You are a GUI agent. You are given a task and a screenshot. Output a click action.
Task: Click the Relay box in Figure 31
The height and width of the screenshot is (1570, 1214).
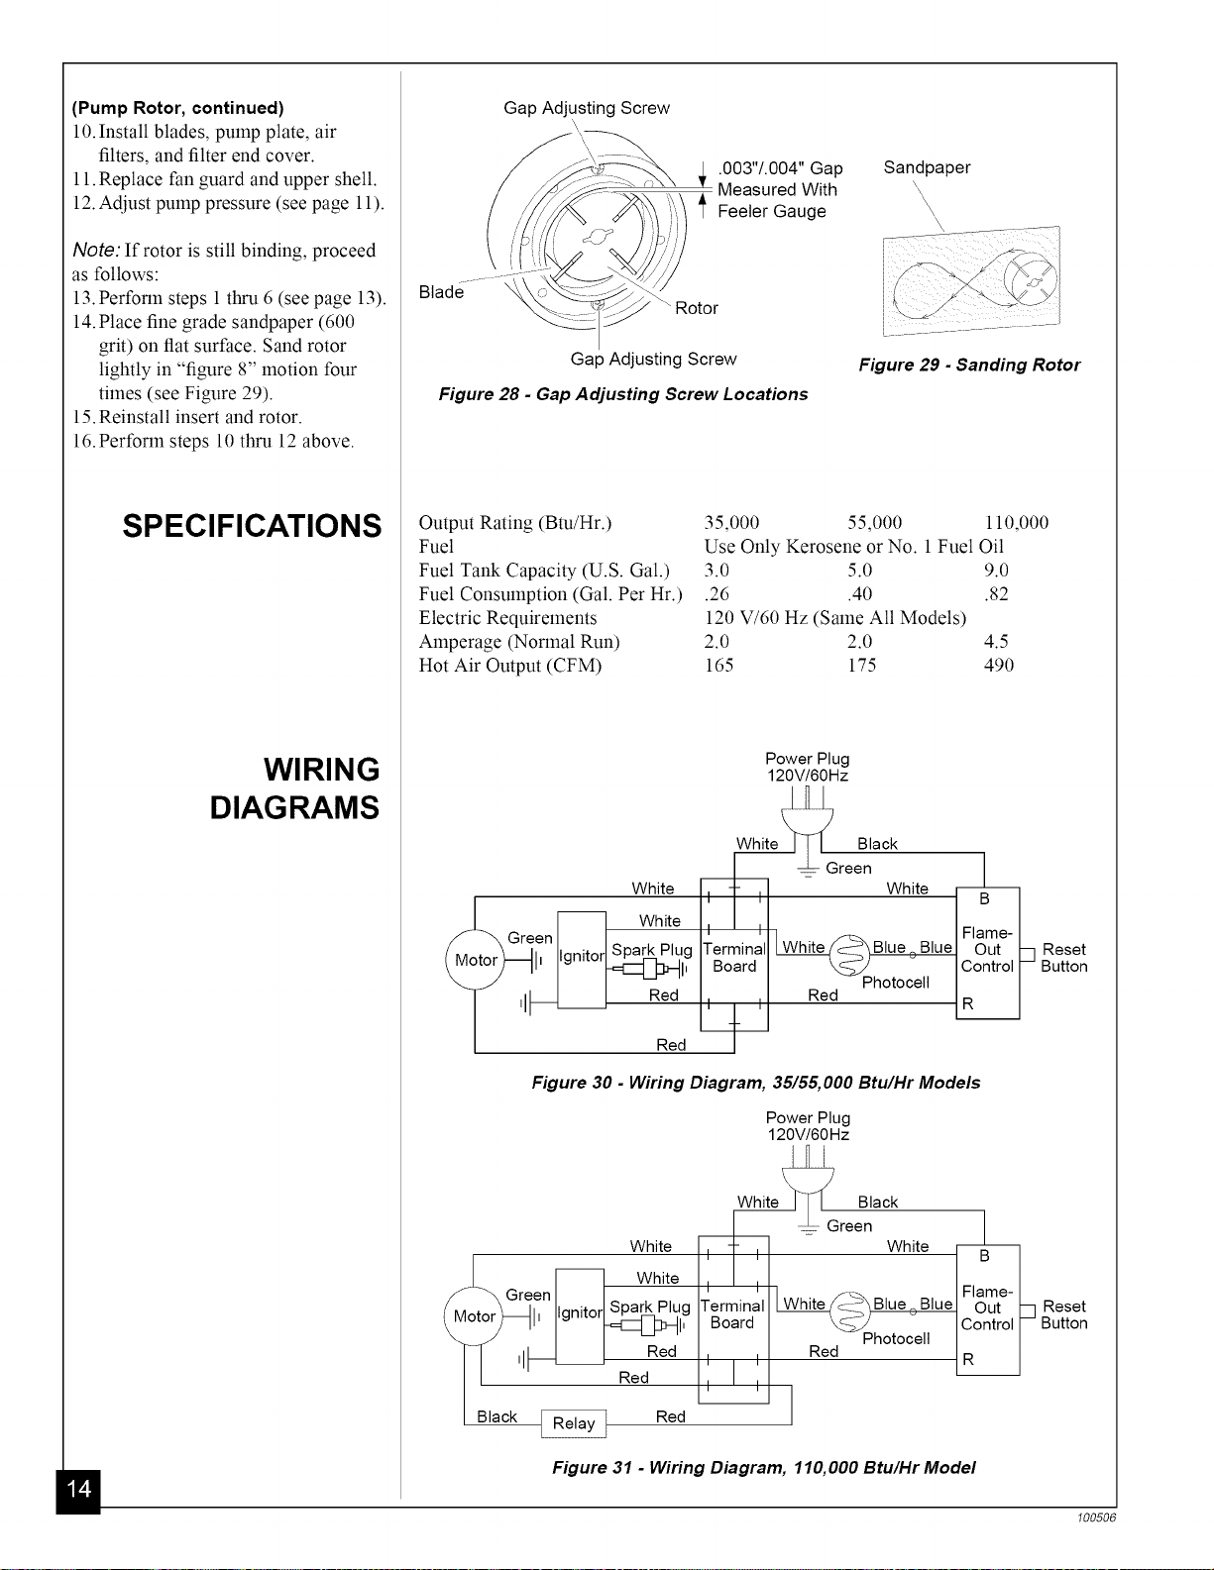click(574, 1423)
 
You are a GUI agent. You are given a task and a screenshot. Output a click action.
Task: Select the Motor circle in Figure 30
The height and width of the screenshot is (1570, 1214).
click(475, 960)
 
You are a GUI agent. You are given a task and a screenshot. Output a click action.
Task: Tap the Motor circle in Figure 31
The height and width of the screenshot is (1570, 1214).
click(474, 1316)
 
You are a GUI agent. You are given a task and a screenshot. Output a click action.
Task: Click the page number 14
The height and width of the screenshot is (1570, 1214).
click(78, 1489)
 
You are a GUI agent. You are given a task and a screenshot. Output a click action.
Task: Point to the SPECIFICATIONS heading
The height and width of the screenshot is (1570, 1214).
click(252, 526)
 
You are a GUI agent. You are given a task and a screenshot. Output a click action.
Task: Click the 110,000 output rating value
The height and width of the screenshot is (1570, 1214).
click(1016, 522)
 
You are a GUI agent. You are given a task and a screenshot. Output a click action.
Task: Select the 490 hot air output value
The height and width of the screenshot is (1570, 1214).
click(999, 665)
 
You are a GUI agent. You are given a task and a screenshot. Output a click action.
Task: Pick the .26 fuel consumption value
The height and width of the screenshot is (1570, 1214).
click(717, 594)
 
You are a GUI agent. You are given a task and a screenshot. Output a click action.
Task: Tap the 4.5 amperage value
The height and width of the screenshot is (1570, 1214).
click(996, 641)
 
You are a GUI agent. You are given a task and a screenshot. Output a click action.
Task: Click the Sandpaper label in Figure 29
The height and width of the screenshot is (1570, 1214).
click(927, 166)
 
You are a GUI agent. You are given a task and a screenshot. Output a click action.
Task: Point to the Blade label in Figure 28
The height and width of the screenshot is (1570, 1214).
click(441, 292)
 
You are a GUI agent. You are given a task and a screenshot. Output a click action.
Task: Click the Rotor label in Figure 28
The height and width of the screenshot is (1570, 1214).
click(697, 308)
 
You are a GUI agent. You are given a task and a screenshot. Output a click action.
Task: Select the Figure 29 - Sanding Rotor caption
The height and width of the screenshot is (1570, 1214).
click(969, 365)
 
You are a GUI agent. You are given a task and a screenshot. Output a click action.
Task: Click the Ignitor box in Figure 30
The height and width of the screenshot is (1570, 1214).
click(582, 960)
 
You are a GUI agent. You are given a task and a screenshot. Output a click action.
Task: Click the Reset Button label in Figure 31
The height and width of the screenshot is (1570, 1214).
click(1064, 1314)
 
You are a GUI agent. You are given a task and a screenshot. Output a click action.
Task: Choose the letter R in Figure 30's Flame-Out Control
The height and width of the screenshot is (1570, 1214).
click(968, 1003)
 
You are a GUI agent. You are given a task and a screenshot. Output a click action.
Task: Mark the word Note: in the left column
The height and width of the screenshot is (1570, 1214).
click(96, 250)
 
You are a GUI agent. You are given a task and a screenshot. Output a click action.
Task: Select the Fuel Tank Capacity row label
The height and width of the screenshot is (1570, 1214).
click(544, 571)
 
